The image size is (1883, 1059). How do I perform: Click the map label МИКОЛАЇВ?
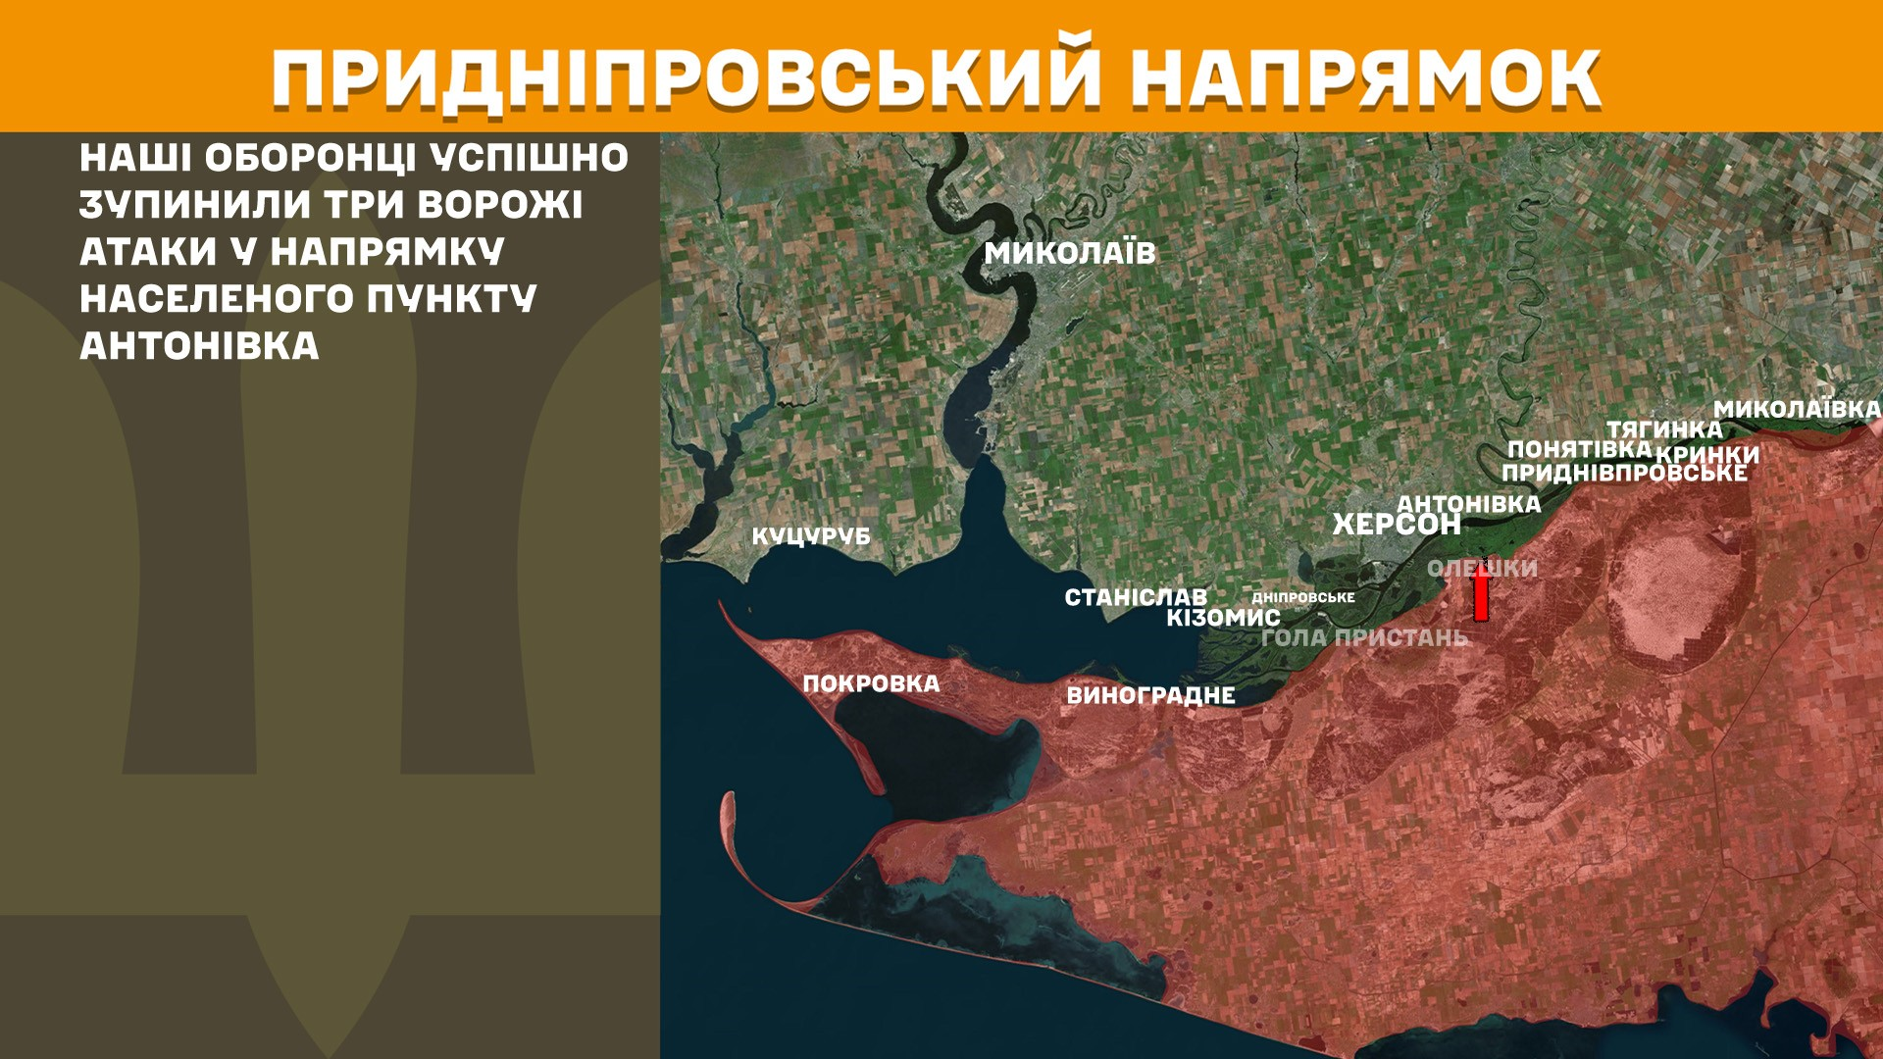(1070, 253)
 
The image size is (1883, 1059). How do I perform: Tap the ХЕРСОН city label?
(1396, 525)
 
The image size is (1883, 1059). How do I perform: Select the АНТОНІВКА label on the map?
(1468, 503)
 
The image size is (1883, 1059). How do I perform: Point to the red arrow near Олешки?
(1481, 593)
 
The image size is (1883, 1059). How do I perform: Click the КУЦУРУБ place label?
(811, 536)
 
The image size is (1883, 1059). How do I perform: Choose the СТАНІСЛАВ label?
(1136, 597)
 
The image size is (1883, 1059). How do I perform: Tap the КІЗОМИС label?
(1223, 618)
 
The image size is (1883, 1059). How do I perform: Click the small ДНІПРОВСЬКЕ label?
(1303, 597)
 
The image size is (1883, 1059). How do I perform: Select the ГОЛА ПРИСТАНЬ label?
(1364, 637)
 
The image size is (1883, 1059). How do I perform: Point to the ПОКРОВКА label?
(871, 683)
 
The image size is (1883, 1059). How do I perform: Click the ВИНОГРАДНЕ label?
(1150, 695)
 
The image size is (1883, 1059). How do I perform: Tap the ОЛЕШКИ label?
(1482, 568)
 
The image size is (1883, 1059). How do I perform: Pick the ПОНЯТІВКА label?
(1579, 449)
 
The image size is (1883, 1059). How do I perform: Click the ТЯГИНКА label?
(1663, 429)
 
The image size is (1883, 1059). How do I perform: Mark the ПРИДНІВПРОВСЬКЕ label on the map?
(1624, 473)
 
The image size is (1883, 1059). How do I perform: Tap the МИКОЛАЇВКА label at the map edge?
(1797, 409)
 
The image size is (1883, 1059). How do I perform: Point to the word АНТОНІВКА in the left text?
(199, 346)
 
